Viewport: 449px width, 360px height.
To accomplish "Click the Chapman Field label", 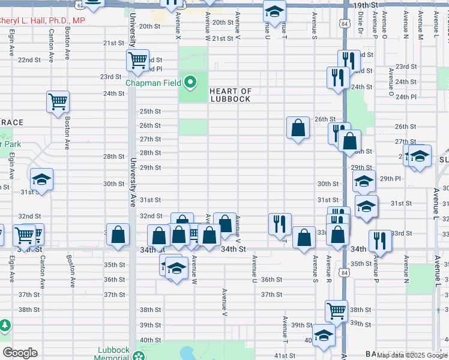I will pyautogui.click(x=153, y=82).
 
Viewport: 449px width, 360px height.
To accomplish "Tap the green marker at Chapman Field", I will pyautogui.click(x=191, y=82).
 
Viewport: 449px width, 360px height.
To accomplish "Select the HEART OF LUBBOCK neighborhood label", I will pyautogui.click(x=230, y=95).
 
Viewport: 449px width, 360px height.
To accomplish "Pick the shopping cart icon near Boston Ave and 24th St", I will pyautogui.click(x=58, y=101).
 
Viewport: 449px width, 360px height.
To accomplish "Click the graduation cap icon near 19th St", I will pyautogui.click(x=274, y=12).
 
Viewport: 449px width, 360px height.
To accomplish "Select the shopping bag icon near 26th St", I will pyautogui.click(x=298, y=127).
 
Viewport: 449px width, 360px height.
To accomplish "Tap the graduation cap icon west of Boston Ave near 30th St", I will pyautogui.click(x=42, y=179).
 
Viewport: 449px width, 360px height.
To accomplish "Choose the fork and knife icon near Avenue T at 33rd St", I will pyautogui.click(x=280, y=224).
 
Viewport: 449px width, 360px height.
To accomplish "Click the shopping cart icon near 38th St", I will pyautogui.click(x=336, y=310).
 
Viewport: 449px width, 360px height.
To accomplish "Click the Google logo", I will pyautogui.click(x=19, y=353).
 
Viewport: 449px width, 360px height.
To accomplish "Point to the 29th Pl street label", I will pyautogui.click(x=390, y=179).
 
